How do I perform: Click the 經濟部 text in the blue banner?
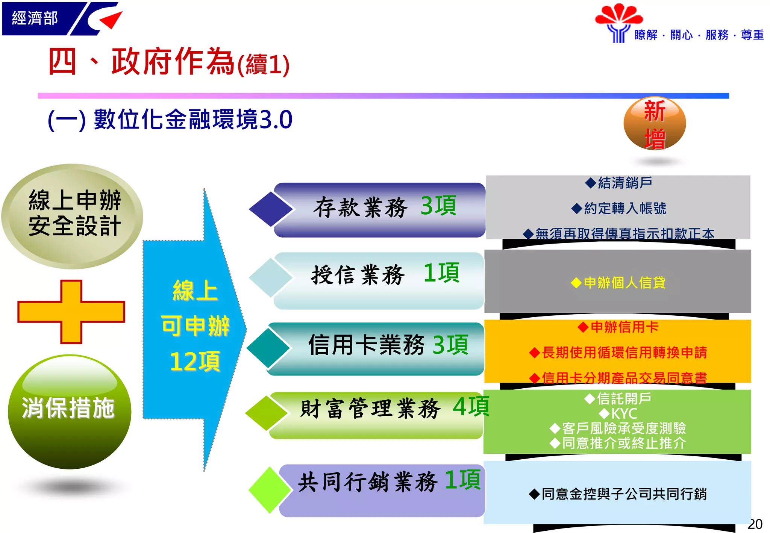35,18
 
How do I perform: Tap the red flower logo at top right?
618,15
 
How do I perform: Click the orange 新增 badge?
655,124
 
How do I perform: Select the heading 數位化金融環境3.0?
193,120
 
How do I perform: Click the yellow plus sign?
71,312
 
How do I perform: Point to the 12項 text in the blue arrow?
195,362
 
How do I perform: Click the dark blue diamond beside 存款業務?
270,209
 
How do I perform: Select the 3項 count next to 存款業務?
438,206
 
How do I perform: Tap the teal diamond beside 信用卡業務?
268,348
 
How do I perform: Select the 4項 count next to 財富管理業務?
470,407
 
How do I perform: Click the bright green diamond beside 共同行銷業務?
270,490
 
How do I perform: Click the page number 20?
755,524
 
